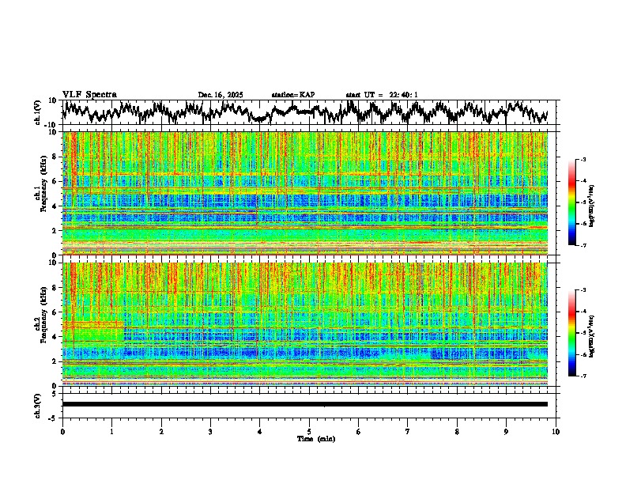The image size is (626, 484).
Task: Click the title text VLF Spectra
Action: [x=86, y=95]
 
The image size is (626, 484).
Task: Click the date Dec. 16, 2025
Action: [x=221, y=95]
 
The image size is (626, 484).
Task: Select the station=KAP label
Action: [x=293, y=95]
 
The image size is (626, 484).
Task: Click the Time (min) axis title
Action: [x=315, y=438]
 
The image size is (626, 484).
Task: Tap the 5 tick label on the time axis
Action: [x=309, y=431]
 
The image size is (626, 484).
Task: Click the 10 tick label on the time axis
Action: [x=556, y=431]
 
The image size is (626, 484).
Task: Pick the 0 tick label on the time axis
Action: [x=62, y=431]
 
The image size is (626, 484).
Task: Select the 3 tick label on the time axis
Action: [x=210, y=431]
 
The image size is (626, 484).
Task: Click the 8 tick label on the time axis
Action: [x=457, y=431]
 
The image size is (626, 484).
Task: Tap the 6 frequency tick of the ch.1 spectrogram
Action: [x=55, y=182]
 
